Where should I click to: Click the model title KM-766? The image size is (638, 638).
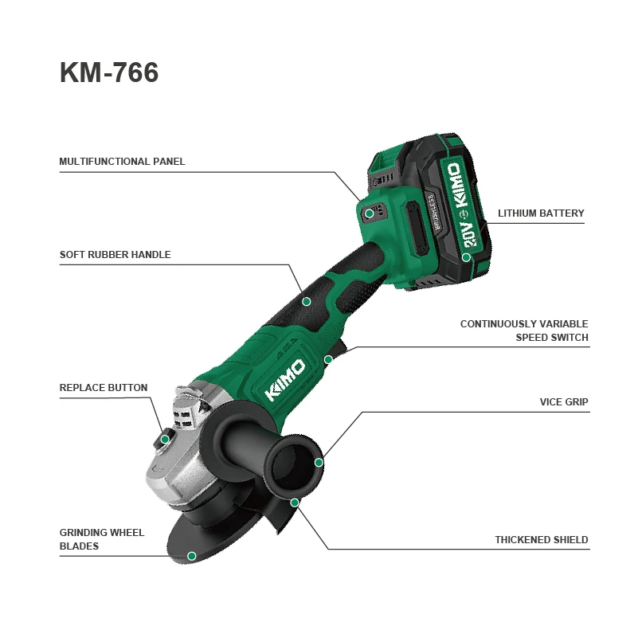click(x=109, y=73)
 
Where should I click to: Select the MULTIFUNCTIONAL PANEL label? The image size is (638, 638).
click(x=122, y=162)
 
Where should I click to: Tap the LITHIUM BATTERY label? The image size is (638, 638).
click(x=541, y=213)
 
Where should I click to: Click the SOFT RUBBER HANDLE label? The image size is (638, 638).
click(x=115, y=256)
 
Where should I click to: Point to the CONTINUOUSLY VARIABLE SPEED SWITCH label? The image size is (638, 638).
click(x=524, y=331)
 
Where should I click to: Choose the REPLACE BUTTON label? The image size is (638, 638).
click(x=104, y=388)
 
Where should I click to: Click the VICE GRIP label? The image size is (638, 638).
click(x=564, y=402)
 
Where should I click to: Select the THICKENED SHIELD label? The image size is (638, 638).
click(x=541, y=540)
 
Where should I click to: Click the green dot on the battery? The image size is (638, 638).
click(x=466, y=257)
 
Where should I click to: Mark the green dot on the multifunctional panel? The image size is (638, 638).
click(x=370, y=213)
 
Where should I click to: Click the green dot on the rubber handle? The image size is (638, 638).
click(x=307, y=301)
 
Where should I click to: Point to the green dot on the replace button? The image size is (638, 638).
click(x=165, y=439)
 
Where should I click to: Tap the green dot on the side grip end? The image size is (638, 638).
click(x=319, y=462)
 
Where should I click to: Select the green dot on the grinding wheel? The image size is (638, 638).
click(x=191, y=556)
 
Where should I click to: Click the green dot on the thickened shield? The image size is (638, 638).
click(x=295, y=503)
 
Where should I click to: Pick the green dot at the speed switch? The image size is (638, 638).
click(x=328, y=359)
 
